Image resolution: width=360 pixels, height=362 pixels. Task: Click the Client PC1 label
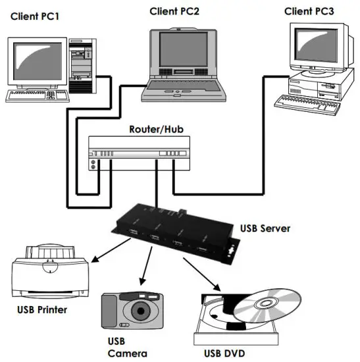pos(34,16)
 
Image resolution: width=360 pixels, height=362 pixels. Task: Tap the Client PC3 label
pos(309,11)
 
